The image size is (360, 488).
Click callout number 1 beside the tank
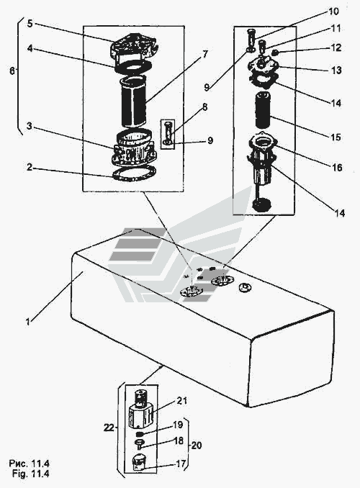pyautogui.click(x=28, y=321)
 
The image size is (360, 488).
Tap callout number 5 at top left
pyautogui.click(x=30, y=23)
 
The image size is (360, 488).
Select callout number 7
pyautogui.click(x=204, y=54)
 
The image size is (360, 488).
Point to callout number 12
pyautogui.click(x=336, y=48)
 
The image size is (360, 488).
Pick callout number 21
pyautogui.click(x=181, y=400)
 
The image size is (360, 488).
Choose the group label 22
pyautogui.click(x=109, y=428)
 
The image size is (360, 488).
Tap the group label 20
pyautogui.click(x=196, y=446)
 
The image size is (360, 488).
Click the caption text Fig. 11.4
pyautogui.click(x=31, y=474)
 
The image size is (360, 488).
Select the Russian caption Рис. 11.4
pyautogui.click(x=29, y=464)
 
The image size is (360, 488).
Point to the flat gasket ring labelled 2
pyautogui.click(x=133, y=173)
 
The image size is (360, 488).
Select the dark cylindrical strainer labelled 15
pyautogui.click(x=264, y=110)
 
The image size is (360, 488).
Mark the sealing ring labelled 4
pyautogui.click(x=133, y=67)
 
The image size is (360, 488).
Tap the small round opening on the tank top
pyautogui.click(x=245, y=287)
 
